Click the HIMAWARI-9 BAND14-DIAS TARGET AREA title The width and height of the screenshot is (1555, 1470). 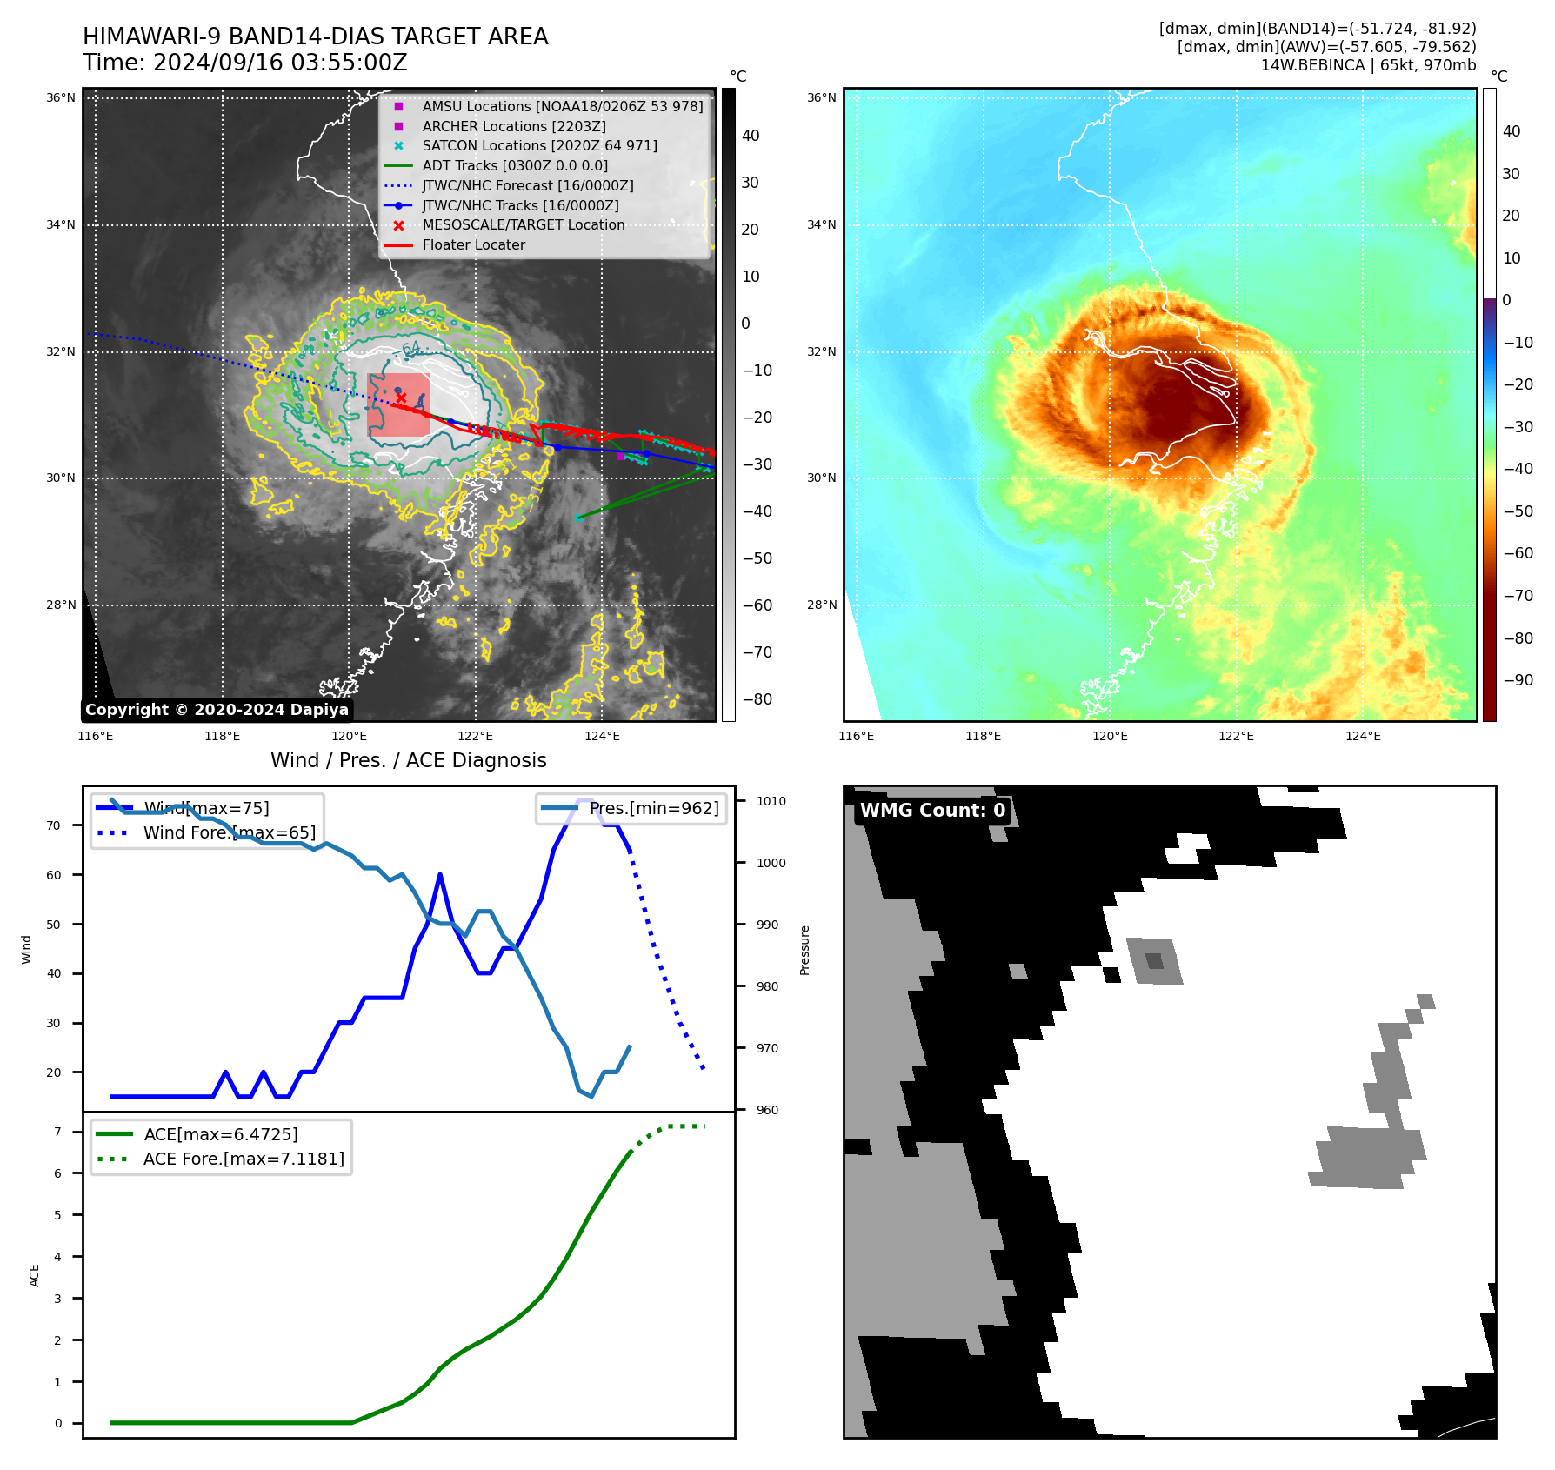315,37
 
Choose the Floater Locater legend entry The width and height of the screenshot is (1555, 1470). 473,245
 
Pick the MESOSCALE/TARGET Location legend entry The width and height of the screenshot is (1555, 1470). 523,225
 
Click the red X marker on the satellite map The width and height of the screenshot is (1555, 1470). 401,398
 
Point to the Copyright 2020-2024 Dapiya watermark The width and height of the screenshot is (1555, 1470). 217,710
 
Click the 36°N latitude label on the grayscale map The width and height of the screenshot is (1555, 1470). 61,98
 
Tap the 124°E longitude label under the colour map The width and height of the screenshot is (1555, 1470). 1363,737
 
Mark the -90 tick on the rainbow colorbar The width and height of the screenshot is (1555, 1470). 1518,680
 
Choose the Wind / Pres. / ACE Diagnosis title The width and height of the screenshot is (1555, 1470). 409,760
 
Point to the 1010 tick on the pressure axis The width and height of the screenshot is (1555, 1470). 771,802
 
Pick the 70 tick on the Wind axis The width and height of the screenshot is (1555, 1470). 54,826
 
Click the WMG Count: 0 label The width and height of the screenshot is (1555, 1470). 932,811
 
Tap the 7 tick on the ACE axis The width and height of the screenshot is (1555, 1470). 58,1133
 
